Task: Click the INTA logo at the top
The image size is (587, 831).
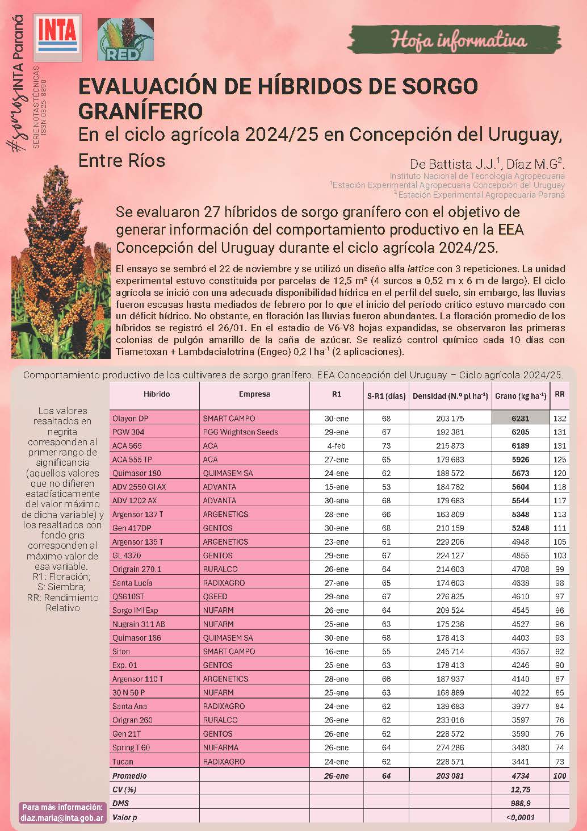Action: click(x=57, y=37)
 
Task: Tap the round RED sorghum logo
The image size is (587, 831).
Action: click(x=125, y=39)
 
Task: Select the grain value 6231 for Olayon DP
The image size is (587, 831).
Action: click(x=520, y=418)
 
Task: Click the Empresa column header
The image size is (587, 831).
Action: click(x=254, y=394)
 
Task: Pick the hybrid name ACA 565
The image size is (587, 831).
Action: click(x=127, y=446)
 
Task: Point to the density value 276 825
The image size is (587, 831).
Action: click(x=450, y=596)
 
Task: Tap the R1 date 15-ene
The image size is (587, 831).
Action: click(x=337, y=487)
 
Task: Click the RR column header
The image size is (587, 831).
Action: click(x=560, y=394)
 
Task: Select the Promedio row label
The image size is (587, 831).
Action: click(x=129, y=776)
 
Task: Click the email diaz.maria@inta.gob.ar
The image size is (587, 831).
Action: click(x=62, y=819)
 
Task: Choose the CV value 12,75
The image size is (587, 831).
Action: click(x=520, y=790)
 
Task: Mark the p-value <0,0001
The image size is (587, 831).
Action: click(x=520, y=817)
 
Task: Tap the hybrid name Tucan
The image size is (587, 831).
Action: click(x=123, y=762)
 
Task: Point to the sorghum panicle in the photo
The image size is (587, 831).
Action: click(x=57, y=239)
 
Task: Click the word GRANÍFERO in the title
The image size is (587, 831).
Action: click(x=140, y=111)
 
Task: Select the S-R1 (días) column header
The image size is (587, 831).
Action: click(x=386, y=396)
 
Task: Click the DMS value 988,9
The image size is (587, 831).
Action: click(x=520, y=803)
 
